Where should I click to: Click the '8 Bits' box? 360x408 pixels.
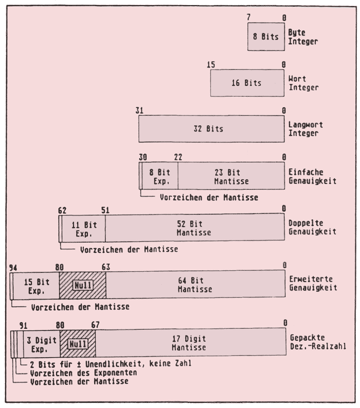[x=265, y=36]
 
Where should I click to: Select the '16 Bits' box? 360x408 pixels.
[x=246, y=83]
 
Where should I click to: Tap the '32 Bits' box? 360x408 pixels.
[x=211, y=128]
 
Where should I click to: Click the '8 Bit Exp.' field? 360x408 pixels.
[x=160, y=177]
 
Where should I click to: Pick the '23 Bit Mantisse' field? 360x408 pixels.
[x=230, y=177]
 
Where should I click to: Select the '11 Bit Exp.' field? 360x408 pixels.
[x=83, y=229]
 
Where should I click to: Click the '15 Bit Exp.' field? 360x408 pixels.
[x=35, y=285]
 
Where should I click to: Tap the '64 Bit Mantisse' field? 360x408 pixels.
[x=194, y=285]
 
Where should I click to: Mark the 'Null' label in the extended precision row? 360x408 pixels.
[x=82, y=285]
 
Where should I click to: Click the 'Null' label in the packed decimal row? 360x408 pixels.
[x=78, y=343]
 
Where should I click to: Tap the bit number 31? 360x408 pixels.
[x=139, y=110]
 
